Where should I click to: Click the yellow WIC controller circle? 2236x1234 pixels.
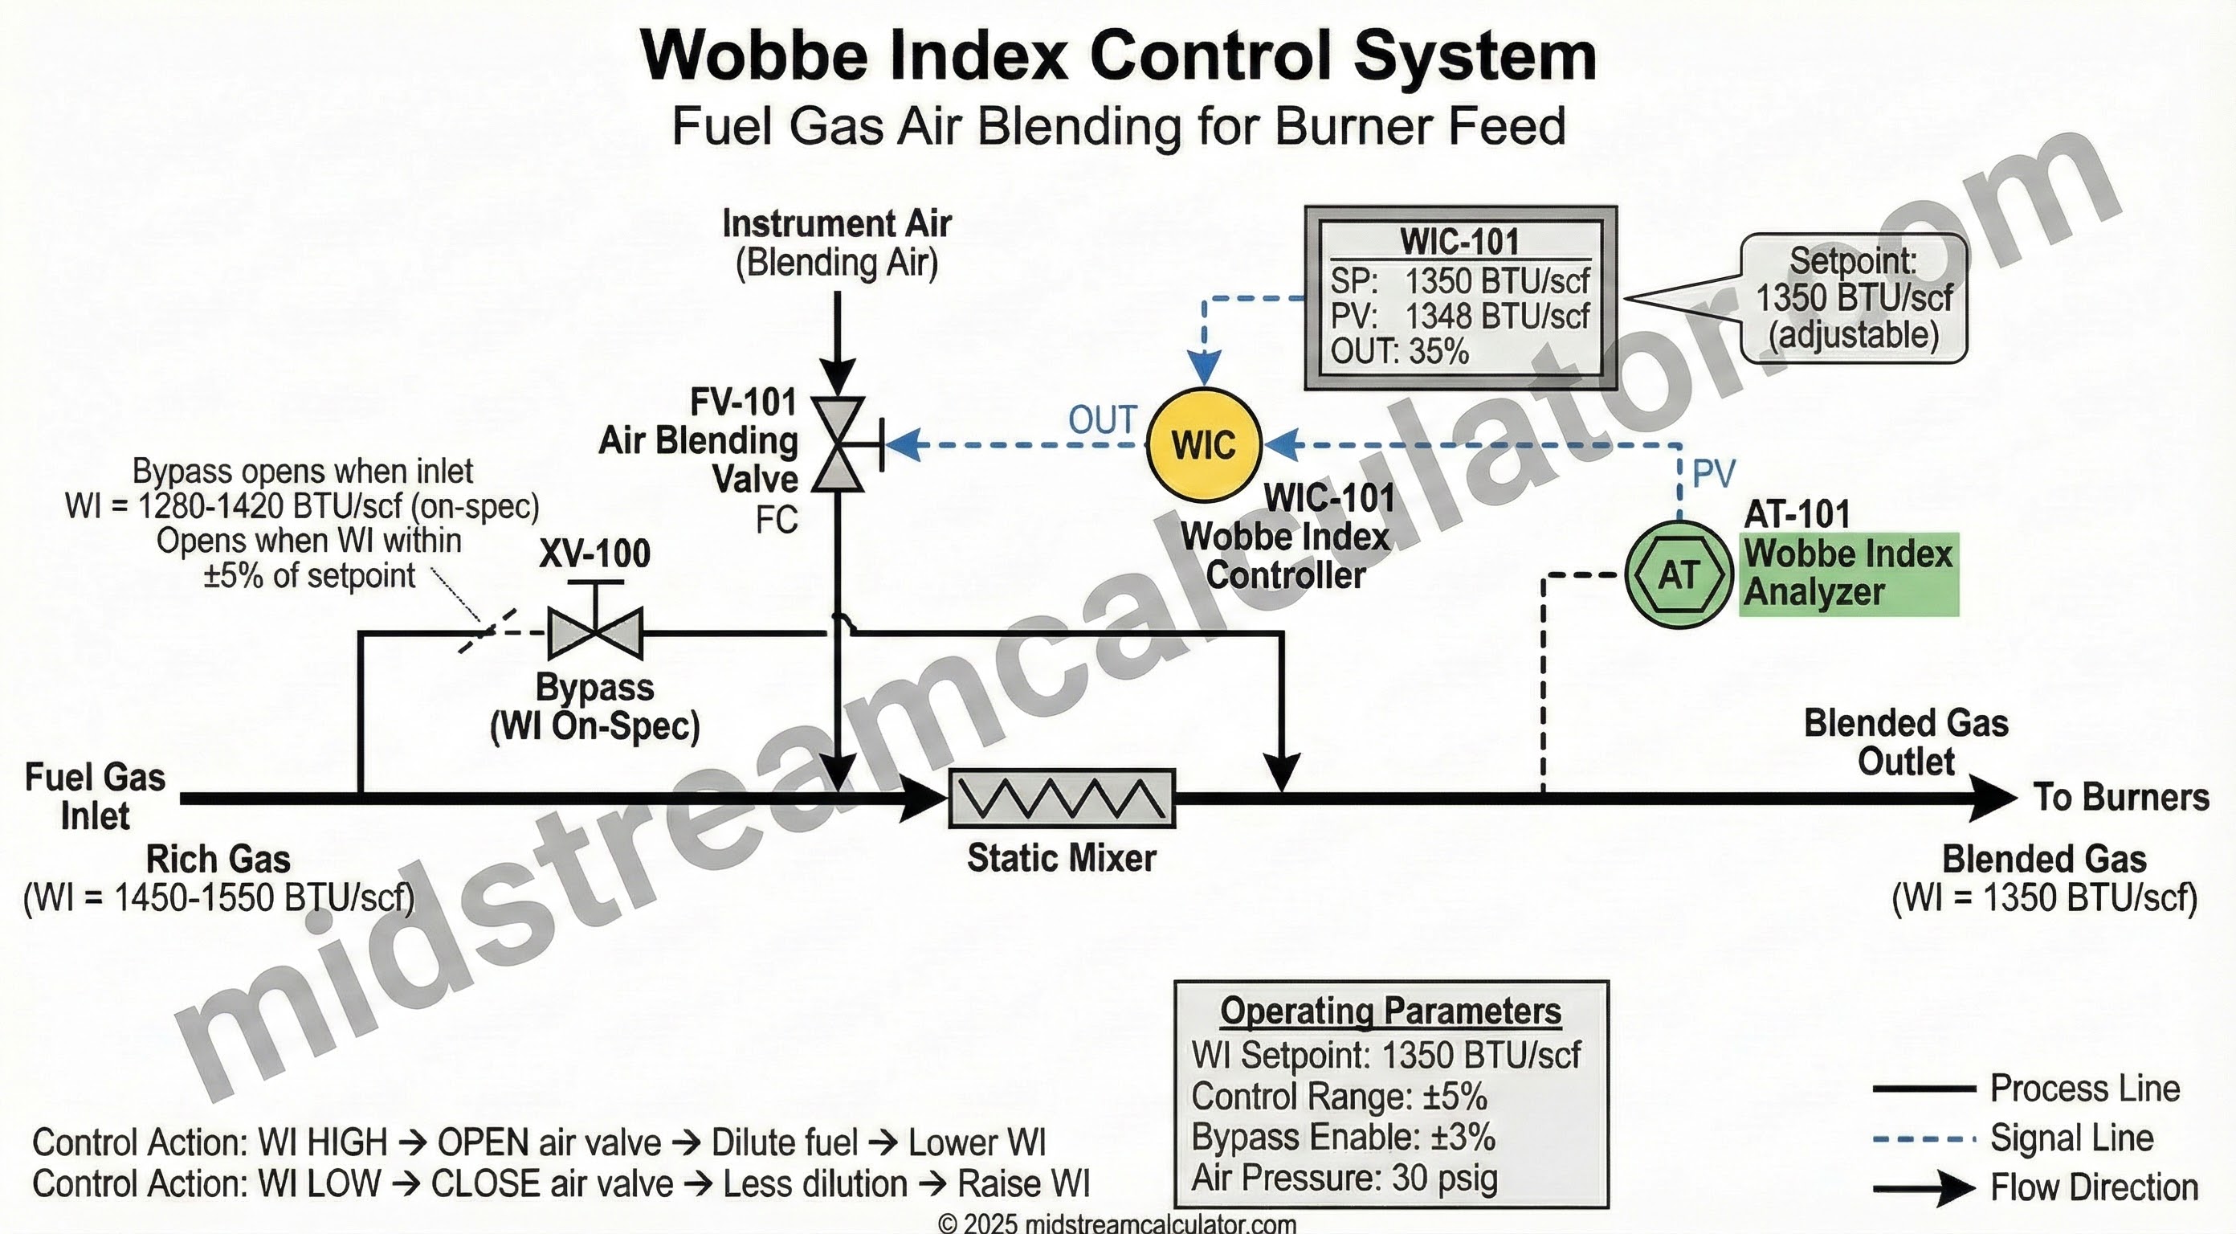click(1203, 444)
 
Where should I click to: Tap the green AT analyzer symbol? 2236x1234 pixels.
click(1678, 574)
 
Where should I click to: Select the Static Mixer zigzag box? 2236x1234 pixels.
click(1062, 798)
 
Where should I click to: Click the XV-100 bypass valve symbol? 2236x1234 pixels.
click(595, 633)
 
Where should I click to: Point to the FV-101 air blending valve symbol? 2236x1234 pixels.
click(838, 444)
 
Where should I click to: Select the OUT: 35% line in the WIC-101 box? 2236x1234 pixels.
click(1399, 352)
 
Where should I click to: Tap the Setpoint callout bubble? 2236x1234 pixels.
click(1853, 298)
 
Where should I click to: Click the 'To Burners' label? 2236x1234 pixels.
click(2120, 797)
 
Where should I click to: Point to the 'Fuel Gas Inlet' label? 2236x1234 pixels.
click(95, 796)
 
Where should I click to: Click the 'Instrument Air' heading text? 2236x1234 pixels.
click(837, 224)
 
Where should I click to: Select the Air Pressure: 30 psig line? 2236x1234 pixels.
click(1344, 1179)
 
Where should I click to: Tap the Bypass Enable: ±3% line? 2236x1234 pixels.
click(1343, 1138)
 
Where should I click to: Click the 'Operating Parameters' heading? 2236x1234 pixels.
click(1390, 1011)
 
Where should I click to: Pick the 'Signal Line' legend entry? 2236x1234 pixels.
click(2071, 1138)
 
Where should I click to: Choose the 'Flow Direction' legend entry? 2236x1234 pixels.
click(2094, 1188)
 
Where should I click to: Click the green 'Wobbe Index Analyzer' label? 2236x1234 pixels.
click(1849, 573)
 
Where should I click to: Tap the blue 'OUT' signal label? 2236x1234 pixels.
click(1101, 420)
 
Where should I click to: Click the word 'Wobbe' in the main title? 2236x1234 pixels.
click(753, 55)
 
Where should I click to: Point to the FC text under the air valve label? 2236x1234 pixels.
click(776, 520)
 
